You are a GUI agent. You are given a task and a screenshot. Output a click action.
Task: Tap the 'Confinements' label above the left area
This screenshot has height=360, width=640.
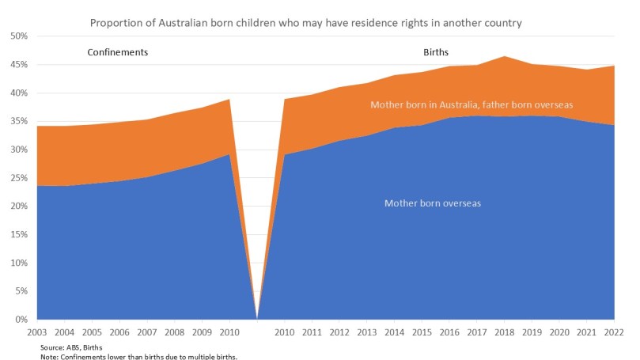pyautogui.click(x=117, y=53)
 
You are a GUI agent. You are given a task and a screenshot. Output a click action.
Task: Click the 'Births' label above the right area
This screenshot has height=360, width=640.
pyautogui.click(x=436, y=53)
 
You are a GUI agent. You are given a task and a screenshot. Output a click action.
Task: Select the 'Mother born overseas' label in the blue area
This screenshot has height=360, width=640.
pyautogui.click(x=433, y=203)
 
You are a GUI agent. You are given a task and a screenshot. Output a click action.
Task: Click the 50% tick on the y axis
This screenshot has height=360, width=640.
pyautogui.click(x=19, y=36)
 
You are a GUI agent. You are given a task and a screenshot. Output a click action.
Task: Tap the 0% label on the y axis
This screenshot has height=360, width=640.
pyautogui.click(x=22, y=320)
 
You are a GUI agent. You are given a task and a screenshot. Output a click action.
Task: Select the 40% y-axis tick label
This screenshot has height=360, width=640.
pyautogui.click(x=19, y=93)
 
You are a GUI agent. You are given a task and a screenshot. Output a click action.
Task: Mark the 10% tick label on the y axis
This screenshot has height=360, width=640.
pyautogui.click(x=19, y=263)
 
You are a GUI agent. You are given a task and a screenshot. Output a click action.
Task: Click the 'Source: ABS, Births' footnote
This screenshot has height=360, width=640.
pyautogui.click(x=71, y=347)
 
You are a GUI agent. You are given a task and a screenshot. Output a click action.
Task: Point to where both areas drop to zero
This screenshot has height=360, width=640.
pyautogui.click(x=256, y=318)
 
